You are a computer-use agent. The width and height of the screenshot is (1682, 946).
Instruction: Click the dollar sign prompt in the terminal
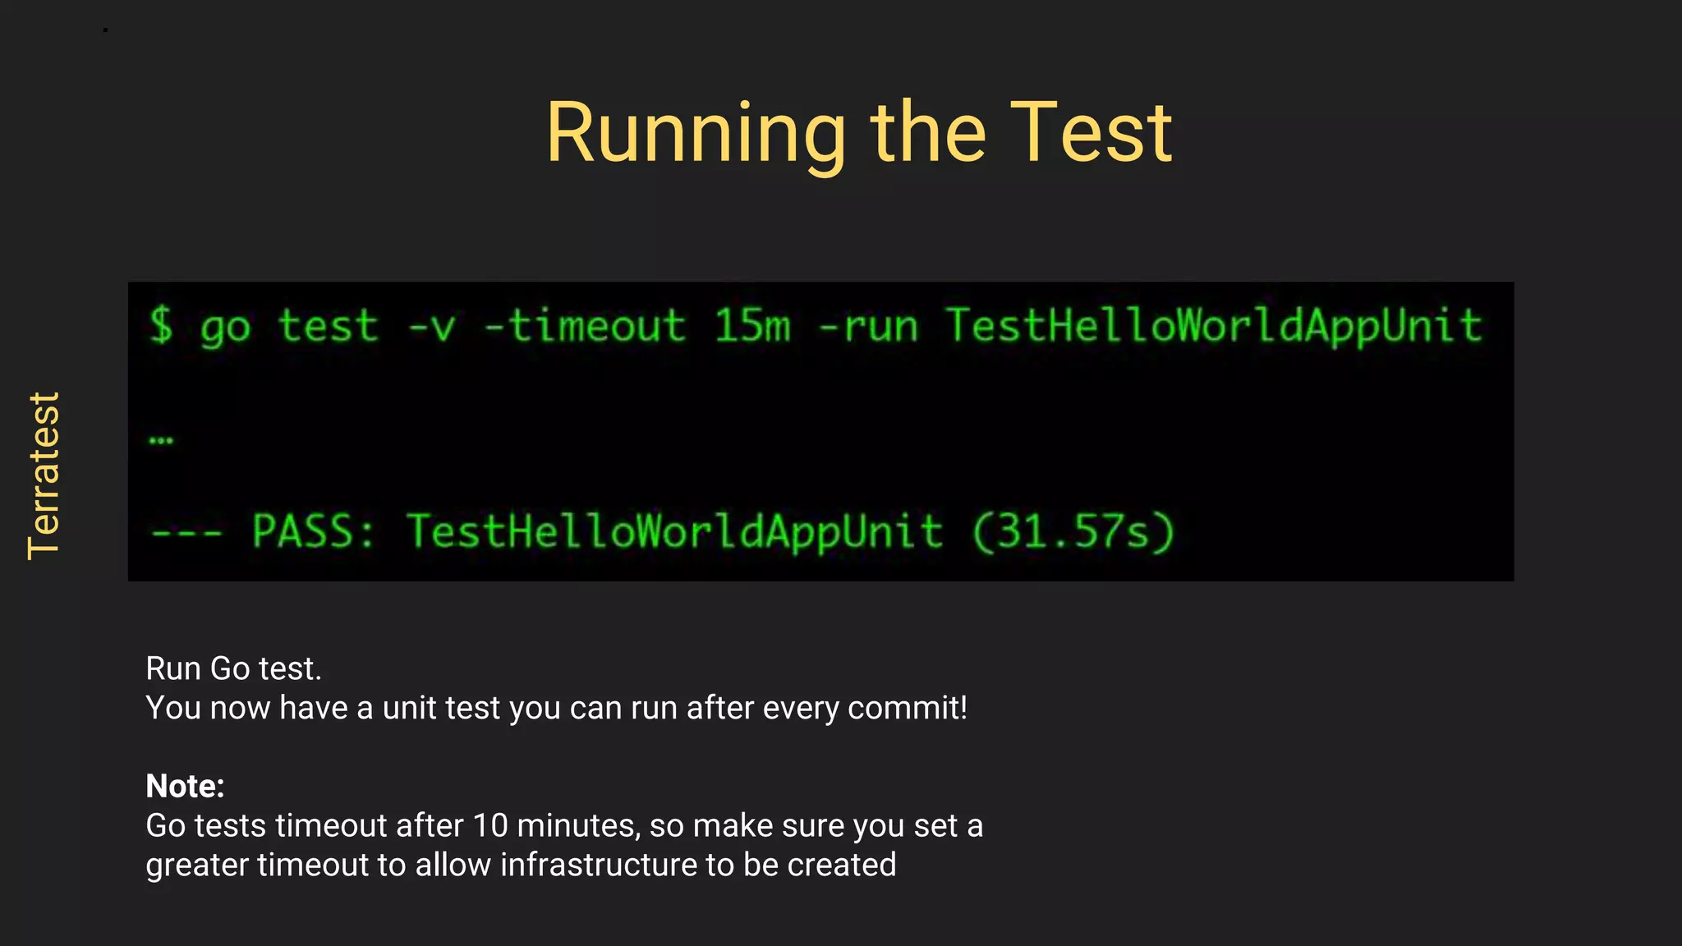[162, 325]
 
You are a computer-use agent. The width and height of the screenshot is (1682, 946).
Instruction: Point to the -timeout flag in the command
[585, 326]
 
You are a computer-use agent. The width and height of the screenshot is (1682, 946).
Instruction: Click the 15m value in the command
[751, 326]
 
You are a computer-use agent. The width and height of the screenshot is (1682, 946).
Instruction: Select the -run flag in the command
[867, 326]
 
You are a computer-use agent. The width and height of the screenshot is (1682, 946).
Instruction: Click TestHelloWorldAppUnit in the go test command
[1214, 326]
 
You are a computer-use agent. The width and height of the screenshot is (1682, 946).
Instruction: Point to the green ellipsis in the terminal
[161, 441]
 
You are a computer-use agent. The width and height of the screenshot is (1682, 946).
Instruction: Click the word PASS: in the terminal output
[313, 531]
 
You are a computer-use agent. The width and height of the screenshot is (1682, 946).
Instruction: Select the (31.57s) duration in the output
[1073, 531]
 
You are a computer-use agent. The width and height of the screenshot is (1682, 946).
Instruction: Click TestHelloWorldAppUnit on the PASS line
[674, 531]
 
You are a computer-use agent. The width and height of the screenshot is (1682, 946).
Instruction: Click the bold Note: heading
[185, 786]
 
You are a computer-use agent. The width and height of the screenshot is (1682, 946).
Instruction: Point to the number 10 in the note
[490, 826]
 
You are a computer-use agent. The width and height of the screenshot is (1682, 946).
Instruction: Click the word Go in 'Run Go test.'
[230, 669]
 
